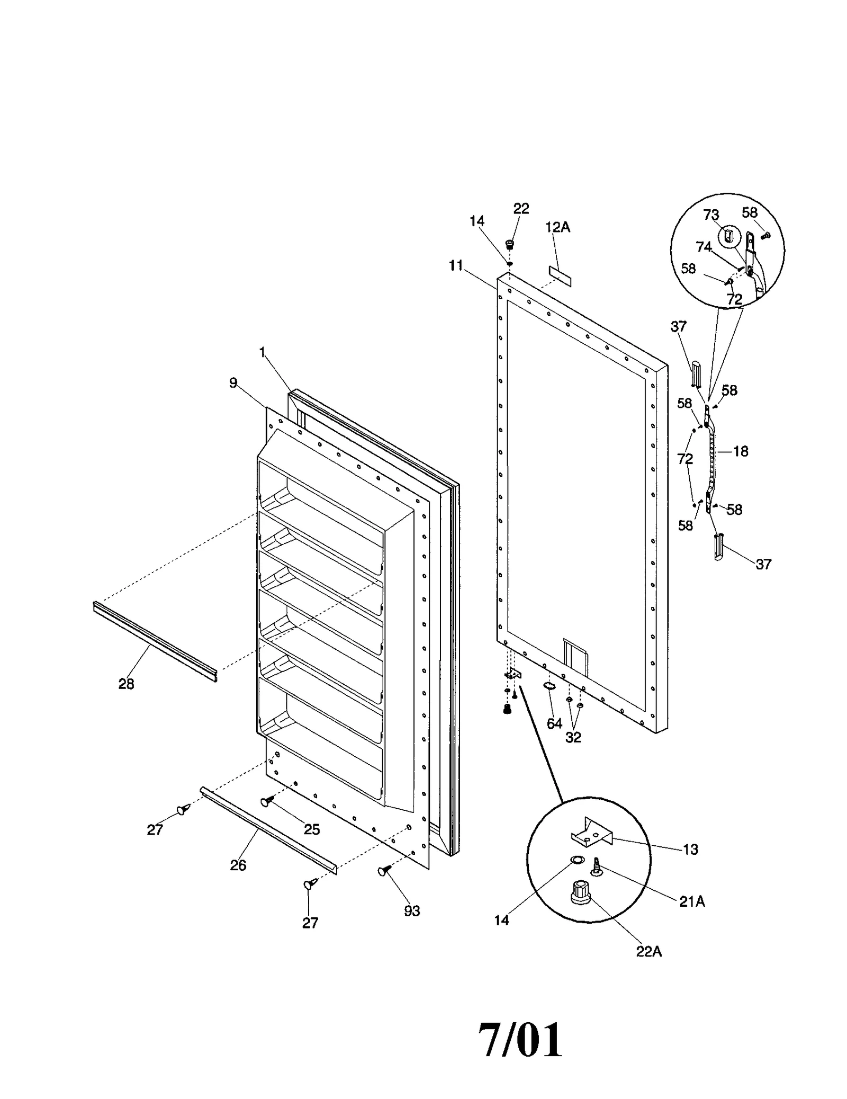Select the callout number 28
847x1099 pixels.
click(126, 684)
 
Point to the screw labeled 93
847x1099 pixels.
click(383, 871)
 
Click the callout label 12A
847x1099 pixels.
click(557, 227)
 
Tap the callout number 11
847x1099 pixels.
click(456, 265)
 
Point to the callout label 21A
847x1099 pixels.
click(692, 901)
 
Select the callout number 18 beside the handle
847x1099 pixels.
click(741, 451)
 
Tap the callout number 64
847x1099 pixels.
click(554, 723)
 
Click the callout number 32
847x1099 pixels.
click(573, 737)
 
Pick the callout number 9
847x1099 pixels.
click(233, 382)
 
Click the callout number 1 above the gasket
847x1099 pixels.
click(262, 352)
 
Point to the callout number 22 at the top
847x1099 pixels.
click(521, 208)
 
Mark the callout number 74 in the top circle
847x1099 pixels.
click(703, 247)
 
